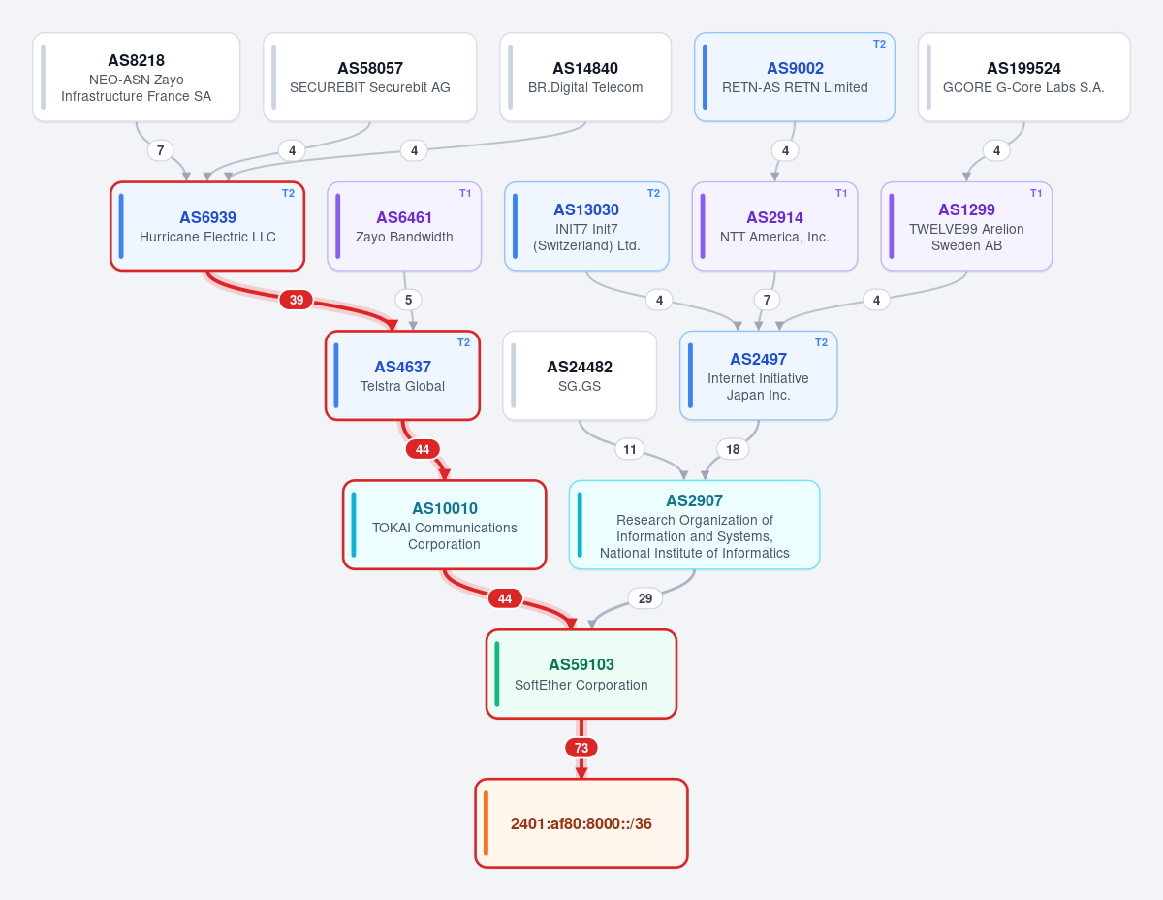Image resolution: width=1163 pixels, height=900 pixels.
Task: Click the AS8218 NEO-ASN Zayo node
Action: click(136, 77)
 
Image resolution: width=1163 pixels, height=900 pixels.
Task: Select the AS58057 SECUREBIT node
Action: click(370, 77)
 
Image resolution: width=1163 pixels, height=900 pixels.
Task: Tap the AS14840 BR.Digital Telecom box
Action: click(585, 77)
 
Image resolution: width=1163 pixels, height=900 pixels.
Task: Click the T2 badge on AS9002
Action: click(879, 44)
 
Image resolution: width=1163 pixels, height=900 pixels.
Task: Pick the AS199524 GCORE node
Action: click(1023, 77)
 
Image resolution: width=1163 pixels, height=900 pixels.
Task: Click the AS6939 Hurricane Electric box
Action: click(207, 227)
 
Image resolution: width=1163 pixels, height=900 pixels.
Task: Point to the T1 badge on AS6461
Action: click(465, 193)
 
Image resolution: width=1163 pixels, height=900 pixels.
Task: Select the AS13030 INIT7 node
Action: click(586, 227)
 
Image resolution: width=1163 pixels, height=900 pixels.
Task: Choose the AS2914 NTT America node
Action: click(774, 227)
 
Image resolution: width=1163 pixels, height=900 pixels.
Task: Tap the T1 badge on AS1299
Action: click(1036, 193)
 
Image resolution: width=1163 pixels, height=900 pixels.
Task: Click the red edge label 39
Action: click(296, 300)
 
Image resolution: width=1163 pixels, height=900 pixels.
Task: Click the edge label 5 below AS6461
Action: click(408, 300)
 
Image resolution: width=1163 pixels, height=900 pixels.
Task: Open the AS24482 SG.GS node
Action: click(580, 376)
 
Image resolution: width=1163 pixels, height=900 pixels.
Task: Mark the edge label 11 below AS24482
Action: click(629, 449)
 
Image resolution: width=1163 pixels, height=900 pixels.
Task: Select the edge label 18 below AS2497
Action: click(733, 449)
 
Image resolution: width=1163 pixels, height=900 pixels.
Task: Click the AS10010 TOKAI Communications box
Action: click(444, 525)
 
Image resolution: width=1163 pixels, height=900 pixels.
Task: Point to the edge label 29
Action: click(644, 598)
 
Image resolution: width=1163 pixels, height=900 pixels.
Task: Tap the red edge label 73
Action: click(581, 748)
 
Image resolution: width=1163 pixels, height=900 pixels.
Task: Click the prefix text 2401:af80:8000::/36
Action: click(581, 823)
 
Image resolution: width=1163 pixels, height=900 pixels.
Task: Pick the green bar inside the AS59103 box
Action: click(497, 674)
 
